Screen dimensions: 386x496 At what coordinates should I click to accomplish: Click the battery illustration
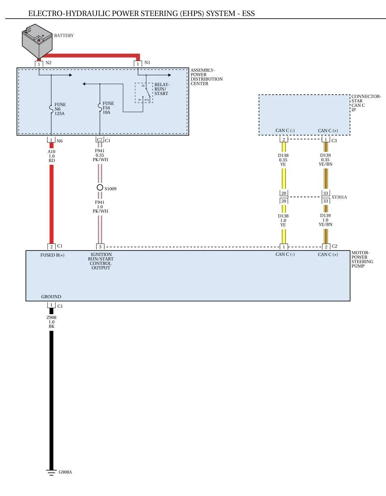[37, 41]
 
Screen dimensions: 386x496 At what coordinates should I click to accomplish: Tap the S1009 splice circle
[100, 188]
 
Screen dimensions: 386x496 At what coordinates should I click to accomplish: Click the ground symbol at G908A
[52, 472]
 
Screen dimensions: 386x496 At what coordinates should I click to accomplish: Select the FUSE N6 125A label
[60, 109]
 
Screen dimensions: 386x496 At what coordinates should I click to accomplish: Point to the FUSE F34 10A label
[108, 108]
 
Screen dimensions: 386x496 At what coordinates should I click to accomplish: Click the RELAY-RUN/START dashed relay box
[144, 93]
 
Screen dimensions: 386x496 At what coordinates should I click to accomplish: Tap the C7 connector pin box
[100, 140]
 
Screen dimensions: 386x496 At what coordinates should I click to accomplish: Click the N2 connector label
[48, 63]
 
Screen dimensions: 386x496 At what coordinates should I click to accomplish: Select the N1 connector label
[147, 63]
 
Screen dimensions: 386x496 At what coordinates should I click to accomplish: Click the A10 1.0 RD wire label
[52, 156]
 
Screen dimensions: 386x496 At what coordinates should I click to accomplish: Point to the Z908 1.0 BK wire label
[52, 322]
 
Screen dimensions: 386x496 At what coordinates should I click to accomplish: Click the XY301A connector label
[339, 197]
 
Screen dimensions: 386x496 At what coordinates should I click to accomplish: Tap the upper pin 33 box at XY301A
[326, 193]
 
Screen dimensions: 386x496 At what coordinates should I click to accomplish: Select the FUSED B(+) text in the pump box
[52, 255]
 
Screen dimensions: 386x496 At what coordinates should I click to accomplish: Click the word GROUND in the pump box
[51, 297]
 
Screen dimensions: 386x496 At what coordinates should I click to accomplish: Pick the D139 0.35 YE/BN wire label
[326, 160]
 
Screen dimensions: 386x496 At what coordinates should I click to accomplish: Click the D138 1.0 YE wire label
[283, 220]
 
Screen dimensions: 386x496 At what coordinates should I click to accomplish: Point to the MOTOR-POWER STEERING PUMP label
[362, 259]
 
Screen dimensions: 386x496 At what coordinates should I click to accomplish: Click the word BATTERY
[64, 35]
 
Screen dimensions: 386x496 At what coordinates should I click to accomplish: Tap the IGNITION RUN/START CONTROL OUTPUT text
[101, 261]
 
